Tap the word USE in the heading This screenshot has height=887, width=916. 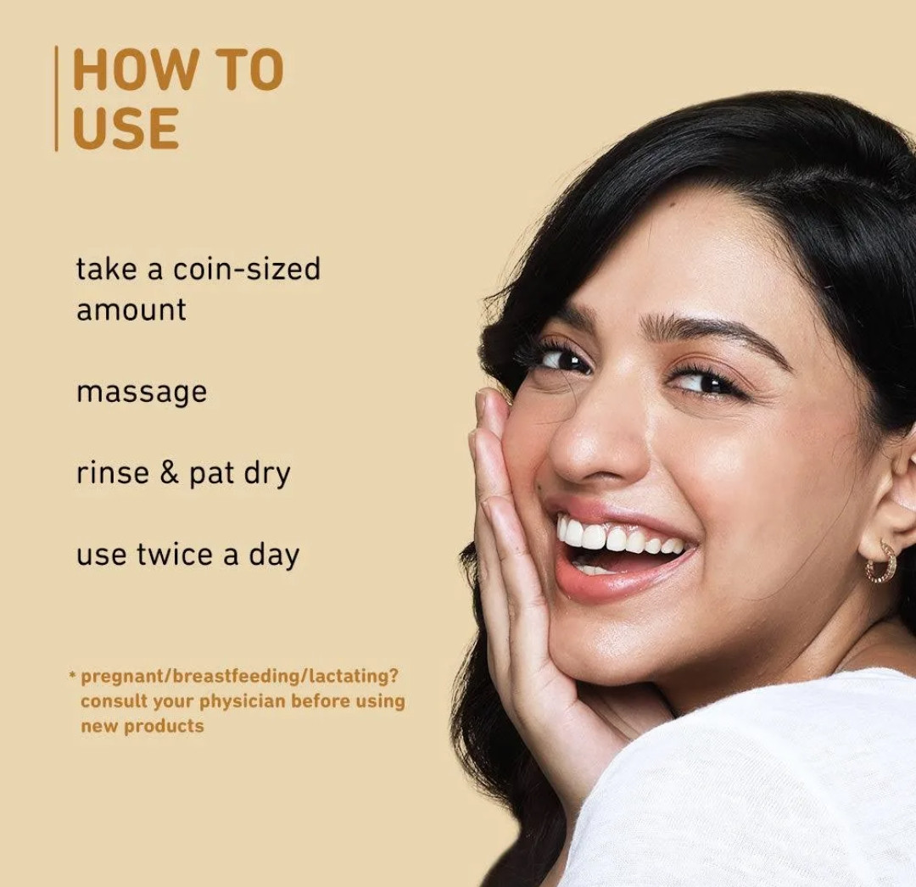click(126, 128)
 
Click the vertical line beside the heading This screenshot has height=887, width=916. click(56, 98)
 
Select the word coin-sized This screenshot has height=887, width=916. click(247, 269)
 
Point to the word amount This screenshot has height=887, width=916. click(131, 310)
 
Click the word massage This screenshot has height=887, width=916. click(142, 393)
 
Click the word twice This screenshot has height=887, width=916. click(175, 554)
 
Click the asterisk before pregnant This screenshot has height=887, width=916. click(72, 676)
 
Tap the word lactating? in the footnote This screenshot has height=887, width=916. click(354, 676)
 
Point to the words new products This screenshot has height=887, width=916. click(142, 726)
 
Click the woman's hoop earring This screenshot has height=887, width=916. click(880, 561)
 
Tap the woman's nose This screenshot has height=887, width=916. click(590, 443)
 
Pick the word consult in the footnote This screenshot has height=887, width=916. click(114, 700)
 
